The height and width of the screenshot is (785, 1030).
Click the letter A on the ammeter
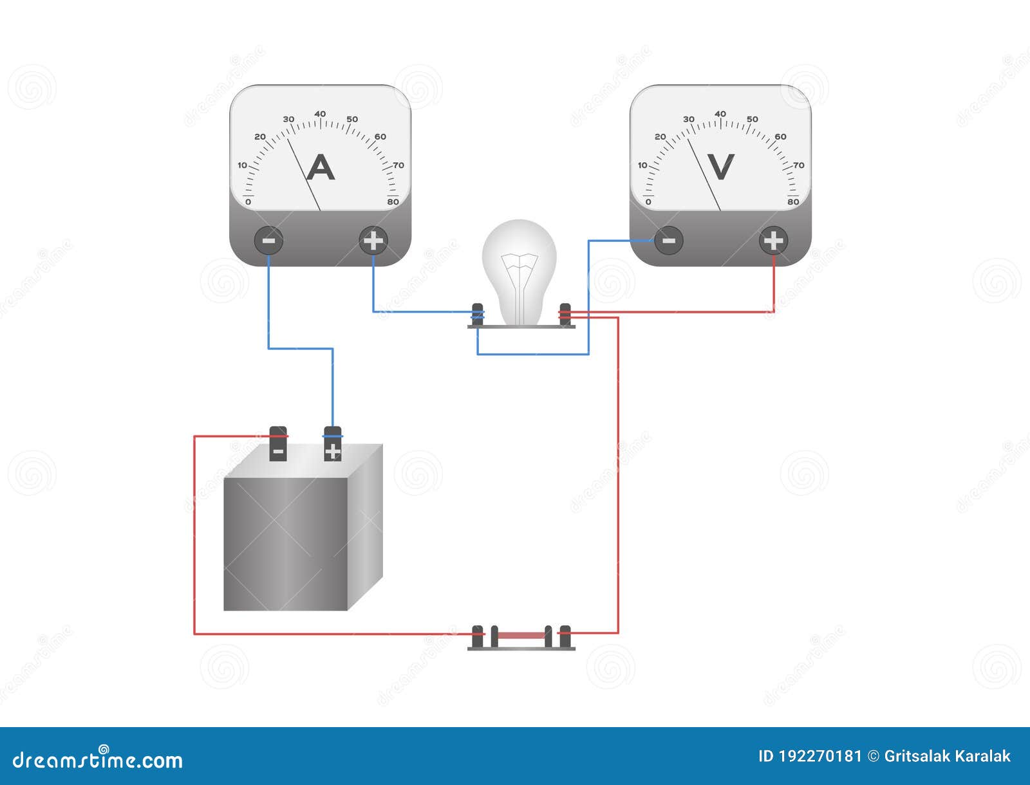320,168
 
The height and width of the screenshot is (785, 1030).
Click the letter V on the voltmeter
720,167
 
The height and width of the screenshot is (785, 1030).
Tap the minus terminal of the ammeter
268,241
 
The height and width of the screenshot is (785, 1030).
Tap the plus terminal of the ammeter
373,241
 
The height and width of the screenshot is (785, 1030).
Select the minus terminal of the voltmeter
669,241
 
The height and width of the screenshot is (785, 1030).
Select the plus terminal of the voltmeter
773,241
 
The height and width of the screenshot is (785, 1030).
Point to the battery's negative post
278,444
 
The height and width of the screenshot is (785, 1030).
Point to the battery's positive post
332,444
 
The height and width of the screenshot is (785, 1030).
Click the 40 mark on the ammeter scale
320,114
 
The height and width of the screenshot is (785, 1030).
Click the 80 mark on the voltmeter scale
793,202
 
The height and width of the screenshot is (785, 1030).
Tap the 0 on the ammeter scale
248,202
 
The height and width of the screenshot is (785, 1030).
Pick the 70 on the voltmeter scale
799,165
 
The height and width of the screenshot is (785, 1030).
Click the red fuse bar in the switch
521,635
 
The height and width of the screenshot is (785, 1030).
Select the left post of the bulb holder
478,314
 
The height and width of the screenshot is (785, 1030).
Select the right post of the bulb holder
565,314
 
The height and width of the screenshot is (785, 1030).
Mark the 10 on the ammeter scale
242,165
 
